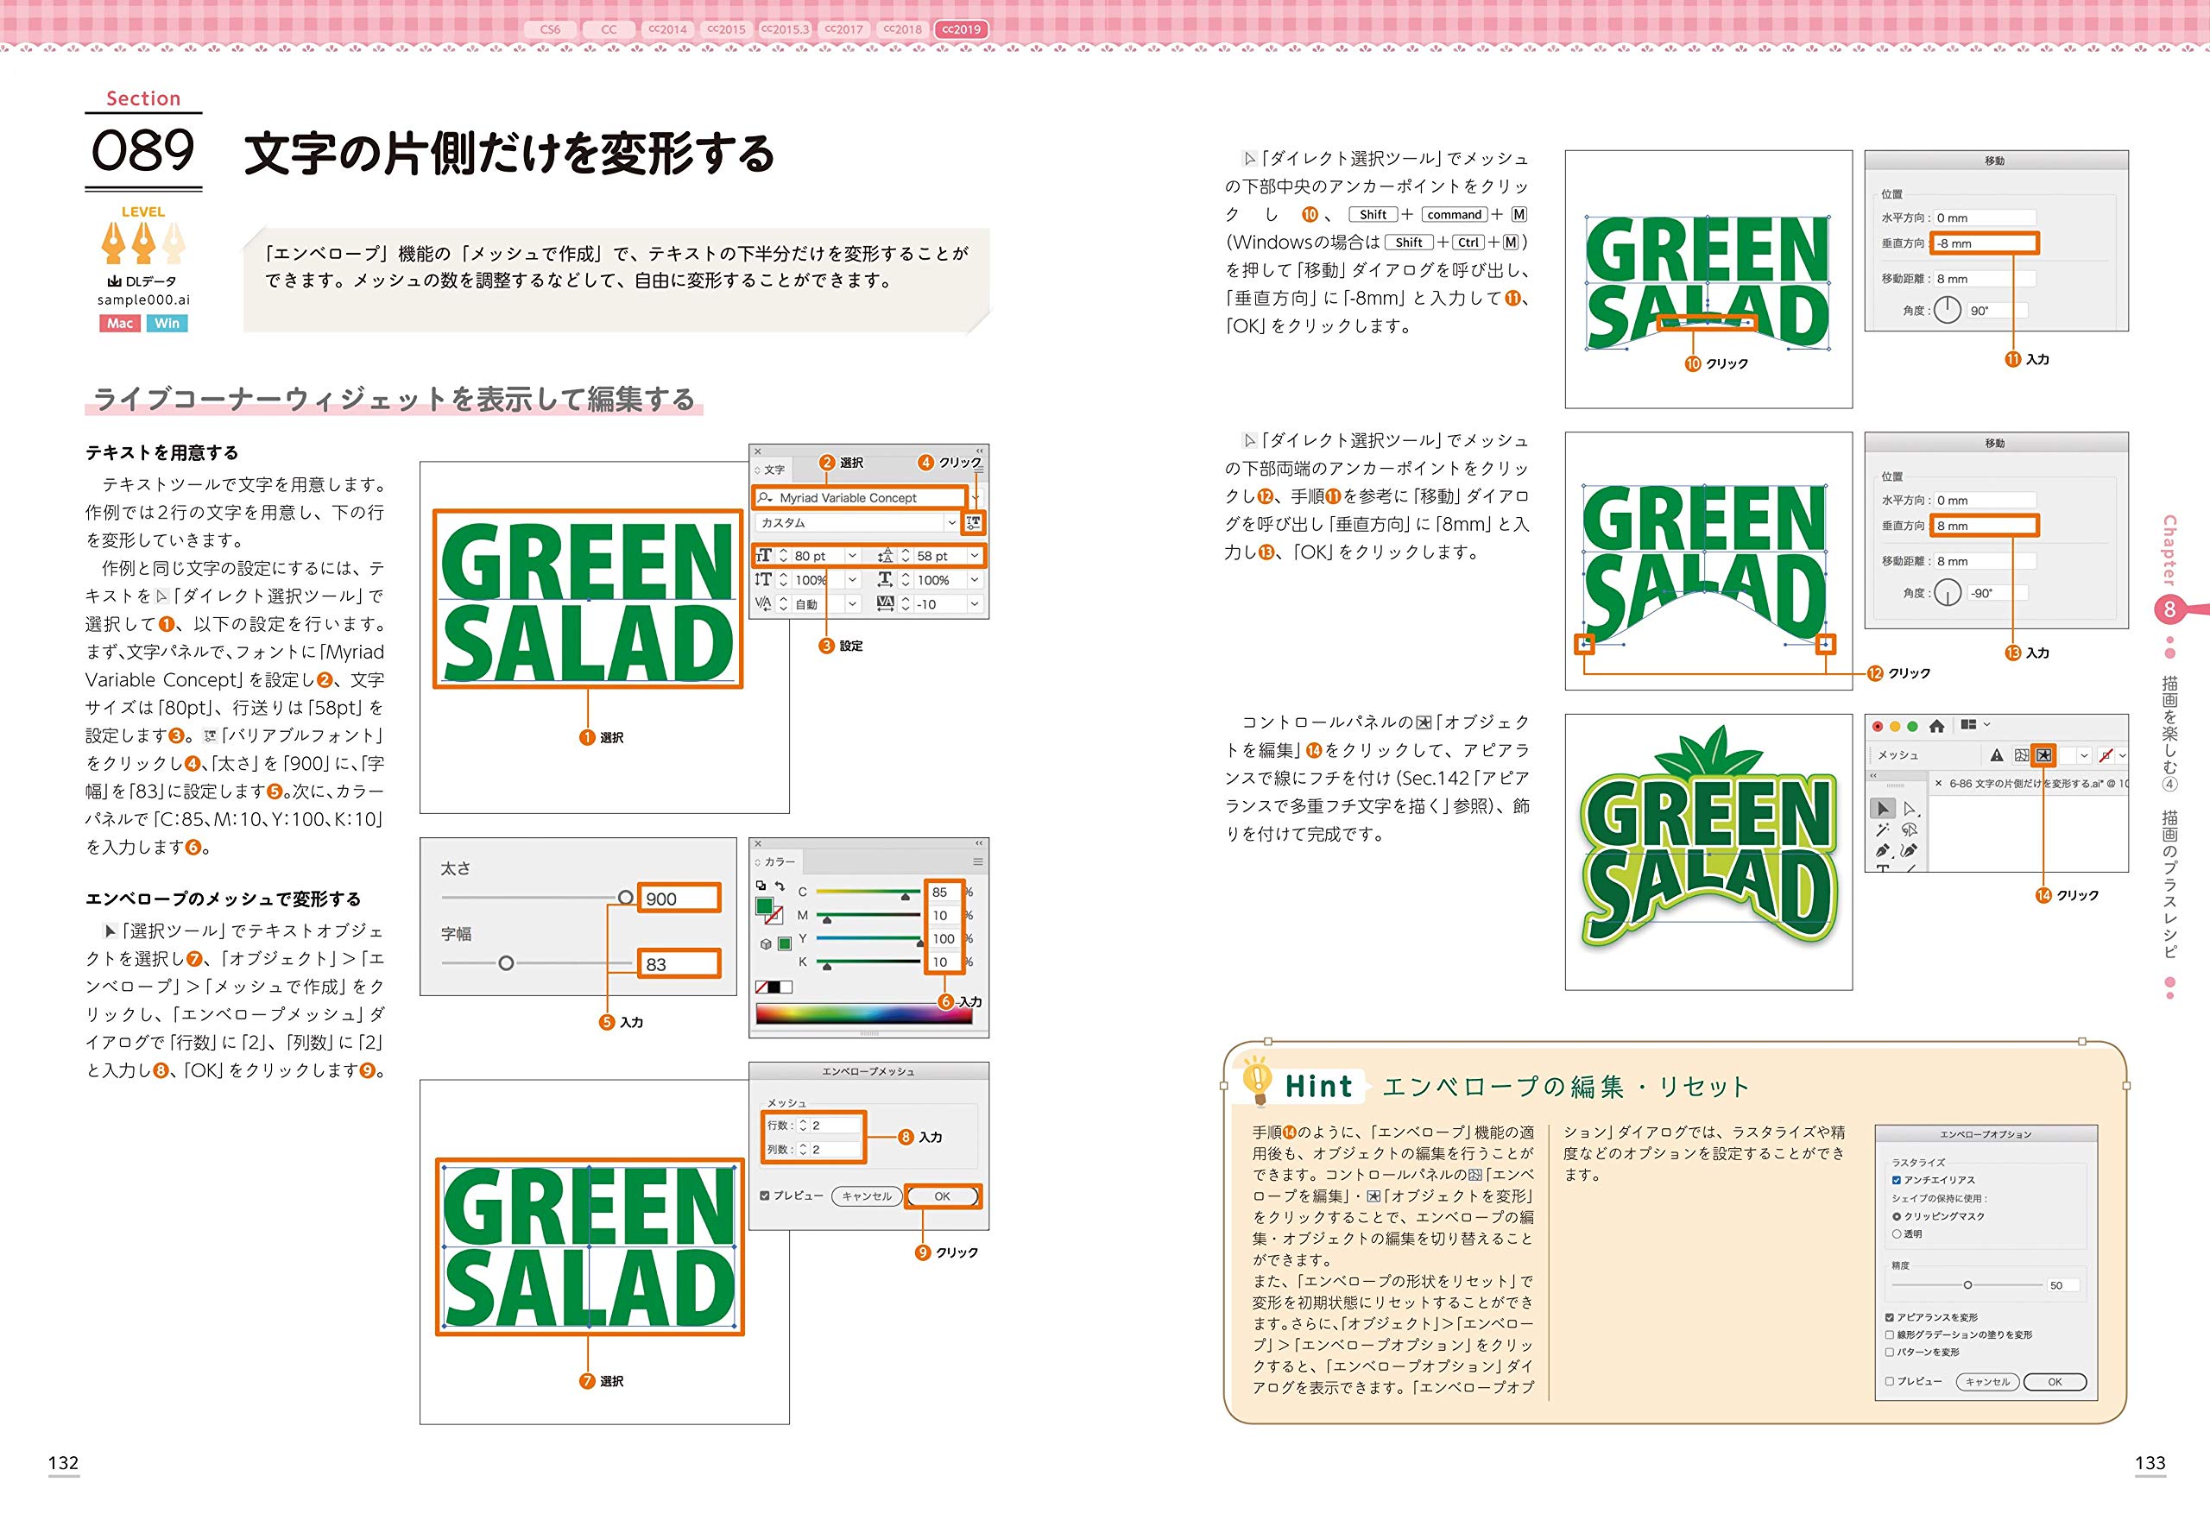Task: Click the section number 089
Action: [142, 150]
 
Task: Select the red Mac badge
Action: [120, 324]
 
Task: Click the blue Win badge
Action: [167, 324]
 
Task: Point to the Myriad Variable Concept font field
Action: [860, 497]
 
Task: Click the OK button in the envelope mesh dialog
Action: [943, 1196]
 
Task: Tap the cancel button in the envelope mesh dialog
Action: [867, 1196]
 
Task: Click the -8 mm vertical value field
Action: [1985, 243]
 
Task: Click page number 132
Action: [64, 1463]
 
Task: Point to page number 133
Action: [2150, 1463]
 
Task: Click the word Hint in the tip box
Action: [1318, 1086]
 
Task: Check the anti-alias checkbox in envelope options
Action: [1896, 1180]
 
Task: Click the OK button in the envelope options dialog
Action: [2055, 1382]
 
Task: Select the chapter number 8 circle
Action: [2169, 609]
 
